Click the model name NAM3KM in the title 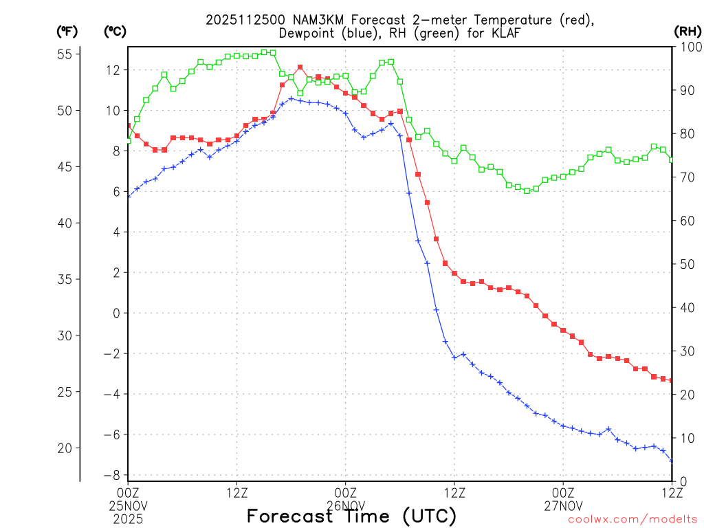coord(318,20)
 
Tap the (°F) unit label coord(67,32)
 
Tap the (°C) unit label coord(115,32)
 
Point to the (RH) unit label coord(686,32)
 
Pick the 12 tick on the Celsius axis coord(113,69)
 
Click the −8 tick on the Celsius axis coord(113,475)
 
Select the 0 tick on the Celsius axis coord(115,313)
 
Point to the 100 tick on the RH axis coord(687,47)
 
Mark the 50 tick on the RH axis coord(685,264)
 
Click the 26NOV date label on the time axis coord(346,503)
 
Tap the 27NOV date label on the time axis coord(563,503)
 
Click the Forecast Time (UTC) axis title coord(351,516)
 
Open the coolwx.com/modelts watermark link coord(632,520)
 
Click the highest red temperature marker coord(300,67)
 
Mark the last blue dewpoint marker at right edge coord(671,460)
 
